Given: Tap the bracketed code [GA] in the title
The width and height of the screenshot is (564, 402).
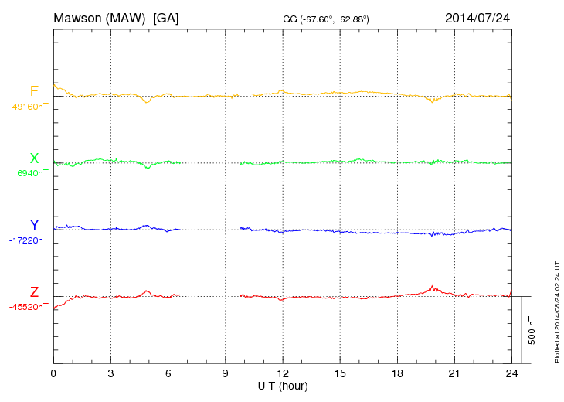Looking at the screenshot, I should pos(166,18).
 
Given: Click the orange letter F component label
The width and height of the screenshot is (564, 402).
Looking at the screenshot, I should pos(34,91).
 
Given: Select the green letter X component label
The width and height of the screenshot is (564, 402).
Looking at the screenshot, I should pos(34,158).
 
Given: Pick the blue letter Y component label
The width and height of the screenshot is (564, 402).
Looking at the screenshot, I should pos(34,225).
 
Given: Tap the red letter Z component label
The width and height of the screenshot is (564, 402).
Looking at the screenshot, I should pos(34,291).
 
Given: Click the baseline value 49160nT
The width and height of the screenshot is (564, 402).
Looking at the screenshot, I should pos(29,107).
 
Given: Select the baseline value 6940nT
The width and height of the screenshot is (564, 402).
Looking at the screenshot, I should pos(32,173).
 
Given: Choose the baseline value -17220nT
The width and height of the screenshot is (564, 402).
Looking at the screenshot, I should pos(29,240).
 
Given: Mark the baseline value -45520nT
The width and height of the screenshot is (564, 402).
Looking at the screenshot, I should pos(29,307).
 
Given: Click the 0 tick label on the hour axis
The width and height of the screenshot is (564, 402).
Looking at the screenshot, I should pos(53,374).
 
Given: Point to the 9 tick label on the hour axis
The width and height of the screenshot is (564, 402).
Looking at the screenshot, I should pos(226,374).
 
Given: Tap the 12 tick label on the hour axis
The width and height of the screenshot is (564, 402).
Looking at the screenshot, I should pos(283,374).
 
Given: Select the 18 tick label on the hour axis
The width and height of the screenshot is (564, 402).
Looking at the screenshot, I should pos(397,374).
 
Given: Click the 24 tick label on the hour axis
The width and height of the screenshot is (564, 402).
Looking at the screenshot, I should pos(511,374).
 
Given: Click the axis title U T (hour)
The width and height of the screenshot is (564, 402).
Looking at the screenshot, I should pos(283,386).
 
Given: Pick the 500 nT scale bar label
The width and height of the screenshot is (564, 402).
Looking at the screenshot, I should pos(532,330).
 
